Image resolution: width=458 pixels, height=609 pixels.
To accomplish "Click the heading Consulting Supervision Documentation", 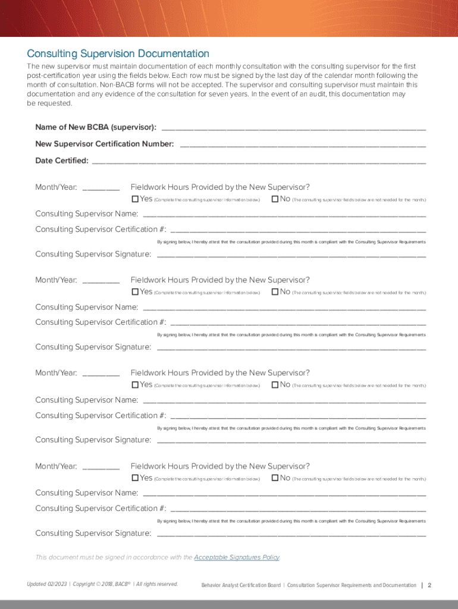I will coord(118,54).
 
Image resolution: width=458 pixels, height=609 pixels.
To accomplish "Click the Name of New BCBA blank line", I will coord(293,128).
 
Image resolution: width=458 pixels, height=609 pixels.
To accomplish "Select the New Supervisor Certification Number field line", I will coord(302,145).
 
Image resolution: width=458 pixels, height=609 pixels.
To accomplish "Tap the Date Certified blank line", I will coord(259,161).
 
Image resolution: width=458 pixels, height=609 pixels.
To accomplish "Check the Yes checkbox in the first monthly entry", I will coord(135,199).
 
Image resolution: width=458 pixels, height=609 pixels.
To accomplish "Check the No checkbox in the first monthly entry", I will coord(275,199).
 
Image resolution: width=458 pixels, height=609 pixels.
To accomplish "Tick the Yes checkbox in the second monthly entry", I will coord(135,292).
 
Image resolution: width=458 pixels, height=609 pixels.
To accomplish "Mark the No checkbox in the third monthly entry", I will coord(275,385).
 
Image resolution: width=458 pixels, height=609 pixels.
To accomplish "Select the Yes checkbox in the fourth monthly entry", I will coord(135,478).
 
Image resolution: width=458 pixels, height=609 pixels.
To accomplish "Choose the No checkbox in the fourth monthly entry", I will coord(275,478).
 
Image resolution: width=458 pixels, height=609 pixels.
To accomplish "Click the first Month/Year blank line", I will coord(101,189).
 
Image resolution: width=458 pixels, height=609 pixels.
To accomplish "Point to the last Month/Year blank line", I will coord(101,467).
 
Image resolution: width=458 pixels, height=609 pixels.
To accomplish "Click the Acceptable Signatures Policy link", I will coord(237,558).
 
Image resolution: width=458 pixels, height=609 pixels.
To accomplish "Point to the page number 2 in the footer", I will coord(429,585).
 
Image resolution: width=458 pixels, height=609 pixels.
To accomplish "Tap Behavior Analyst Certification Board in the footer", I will coord(241,585).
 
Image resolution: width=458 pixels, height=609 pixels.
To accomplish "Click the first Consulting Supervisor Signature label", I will coord(93,255).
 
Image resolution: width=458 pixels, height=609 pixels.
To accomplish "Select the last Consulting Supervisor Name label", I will coord(87,493).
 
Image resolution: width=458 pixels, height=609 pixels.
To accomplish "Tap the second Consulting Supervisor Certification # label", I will coord(101,322).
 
